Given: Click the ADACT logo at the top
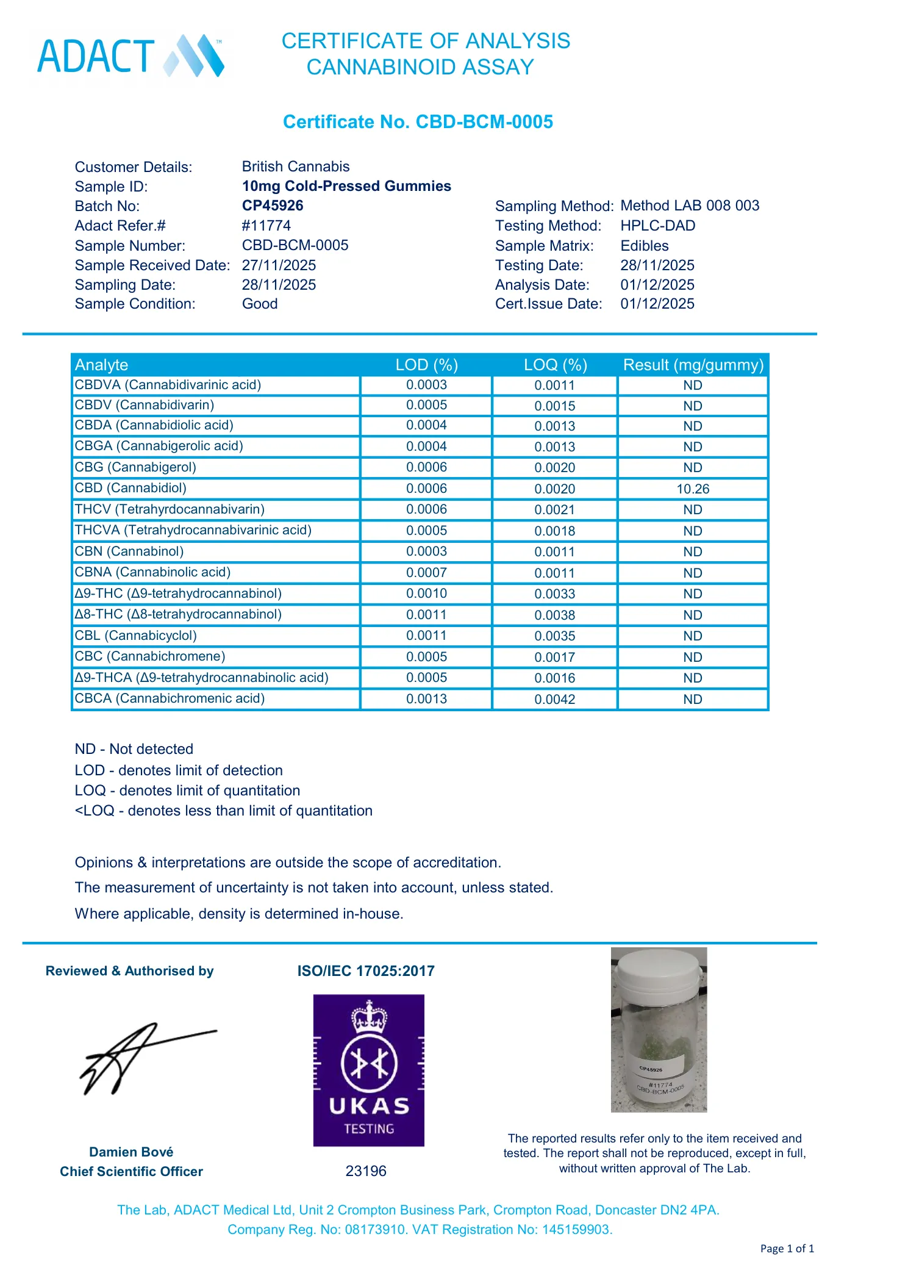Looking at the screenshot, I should [x=130, y=56].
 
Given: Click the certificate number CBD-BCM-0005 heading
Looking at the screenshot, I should [x=418, y=122].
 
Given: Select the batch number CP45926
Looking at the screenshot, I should [x=273, y=206].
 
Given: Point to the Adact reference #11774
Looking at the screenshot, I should [x=266, y=226].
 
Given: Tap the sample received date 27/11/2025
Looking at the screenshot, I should [x=279, y=265].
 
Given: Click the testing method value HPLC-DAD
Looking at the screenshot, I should [x=657, y=226].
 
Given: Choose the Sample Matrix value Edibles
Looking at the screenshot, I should [x=644, y=246].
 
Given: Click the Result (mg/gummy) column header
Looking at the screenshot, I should [x=693, y=365].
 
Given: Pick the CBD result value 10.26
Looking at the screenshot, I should [x=693, y=489].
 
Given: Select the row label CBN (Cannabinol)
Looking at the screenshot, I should [x=129, y=551].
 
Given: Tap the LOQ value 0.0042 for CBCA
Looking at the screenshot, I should [x=554, y=700].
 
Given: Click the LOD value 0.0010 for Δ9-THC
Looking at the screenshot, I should [x=426, y=594].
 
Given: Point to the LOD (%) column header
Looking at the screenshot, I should [x=426, y=365].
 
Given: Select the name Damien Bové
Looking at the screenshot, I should [x=131, y=1152].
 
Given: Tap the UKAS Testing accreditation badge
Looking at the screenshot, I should [x=368, y=1070].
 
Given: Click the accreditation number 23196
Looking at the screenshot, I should [x=366, y=1171].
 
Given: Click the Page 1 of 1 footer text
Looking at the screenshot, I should [x=787, y=1249].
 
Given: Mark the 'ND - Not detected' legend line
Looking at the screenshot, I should [x=134, y=749].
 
